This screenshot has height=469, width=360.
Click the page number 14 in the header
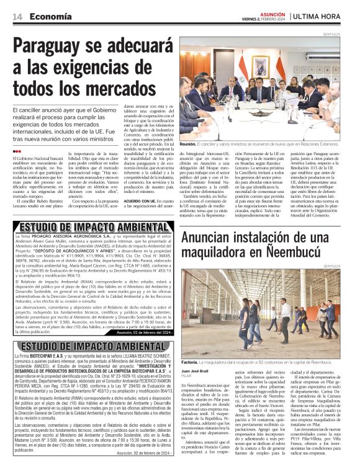17,17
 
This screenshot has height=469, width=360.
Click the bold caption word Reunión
188,143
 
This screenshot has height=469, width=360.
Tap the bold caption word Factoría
189,362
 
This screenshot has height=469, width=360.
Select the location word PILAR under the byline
185,376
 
